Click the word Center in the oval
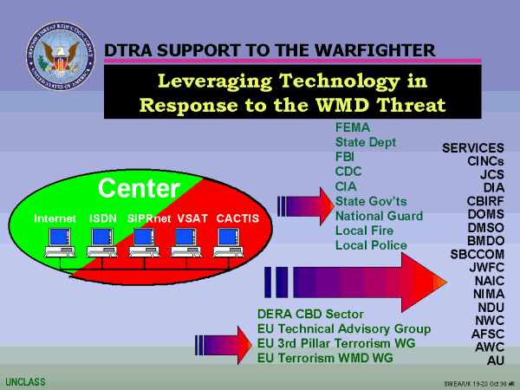139,188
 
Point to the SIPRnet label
150,218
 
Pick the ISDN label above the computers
103,218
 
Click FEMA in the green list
352,127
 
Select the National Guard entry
379,216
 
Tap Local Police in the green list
371,245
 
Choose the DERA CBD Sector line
311,314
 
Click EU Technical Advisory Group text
343,328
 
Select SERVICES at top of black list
473,148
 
